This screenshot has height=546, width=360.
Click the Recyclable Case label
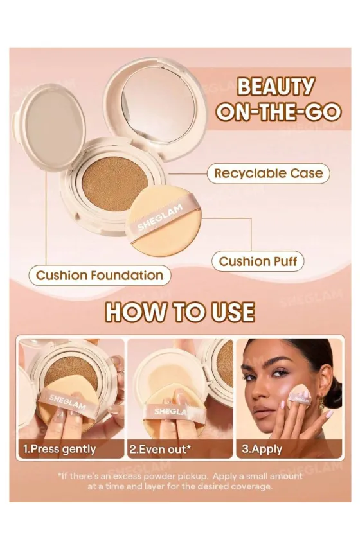(x=268, y=173)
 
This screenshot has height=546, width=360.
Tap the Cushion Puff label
(x=258, y=261)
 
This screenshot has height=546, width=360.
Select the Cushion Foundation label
(x=100, y=276)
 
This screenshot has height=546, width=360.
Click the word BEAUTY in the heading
(x=276, y=87)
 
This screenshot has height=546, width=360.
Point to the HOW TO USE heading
(x=180, y=312)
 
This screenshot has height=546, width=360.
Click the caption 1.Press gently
(x=59, y=449)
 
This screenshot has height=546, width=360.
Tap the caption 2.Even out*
(x=160, y=449)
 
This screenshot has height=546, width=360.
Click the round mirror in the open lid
(x=158, y=105)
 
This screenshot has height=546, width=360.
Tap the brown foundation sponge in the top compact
(x=115, y=184)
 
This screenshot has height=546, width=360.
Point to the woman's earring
(x=320, y=403)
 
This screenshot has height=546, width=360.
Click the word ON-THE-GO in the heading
(x=278, y=112)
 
